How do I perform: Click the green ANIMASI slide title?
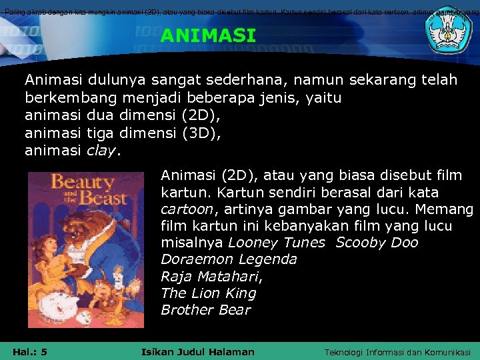[208, 36]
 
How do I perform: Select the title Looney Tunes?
[277, 243]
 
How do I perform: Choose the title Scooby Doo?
[377, 243]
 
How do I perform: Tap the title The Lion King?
[208, 293]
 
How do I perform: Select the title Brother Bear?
[205, 310]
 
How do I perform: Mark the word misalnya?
[193, 243]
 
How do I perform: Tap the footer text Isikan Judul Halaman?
[198, 351]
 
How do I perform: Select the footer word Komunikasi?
[443, 352]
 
